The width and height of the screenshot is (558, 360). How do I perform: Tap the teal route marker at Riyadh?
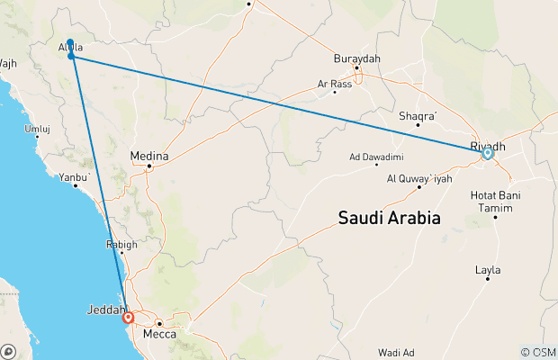487,154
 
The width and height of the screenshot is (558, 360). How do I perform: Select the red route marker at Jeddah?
128,317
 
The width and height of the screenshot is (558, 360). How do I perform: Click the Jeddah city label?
105,310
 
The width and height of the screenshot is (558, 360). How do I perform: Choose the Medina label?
149,155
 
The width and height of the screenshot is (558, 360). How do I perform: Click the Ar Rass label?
334,84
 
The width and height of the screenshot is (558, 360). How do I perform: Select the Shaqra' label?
418,115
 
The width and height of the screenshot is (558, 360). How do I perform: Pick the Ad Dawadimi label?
376,156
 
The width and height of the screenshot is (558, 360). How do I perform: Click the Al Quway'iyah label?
418,178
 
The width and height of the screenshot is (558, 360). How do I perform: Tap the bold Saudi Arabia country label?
389,218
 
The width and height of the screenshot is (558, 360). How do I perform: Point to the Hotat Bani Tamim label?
494,201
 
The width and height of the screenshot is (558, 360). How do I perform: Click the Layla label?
487,269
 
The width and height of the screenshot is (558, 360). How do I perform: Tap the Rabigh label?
121,244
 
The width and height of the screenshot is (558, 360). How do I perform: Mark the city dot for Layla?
488,279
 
